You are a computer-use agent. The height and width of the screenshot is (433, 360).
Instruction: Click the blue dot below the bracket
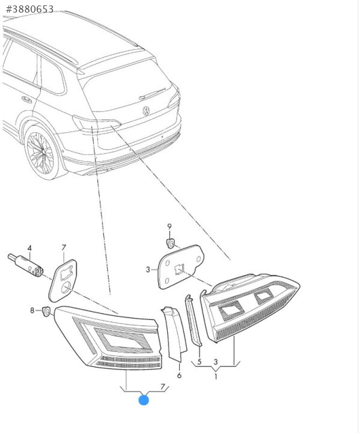coord(144,400)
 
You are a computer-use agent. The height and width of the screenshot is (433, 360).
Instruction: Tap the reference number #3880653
coord(30,9)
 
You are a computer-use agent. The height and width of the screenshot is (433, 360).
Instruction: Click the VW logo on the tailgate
coord(146,111)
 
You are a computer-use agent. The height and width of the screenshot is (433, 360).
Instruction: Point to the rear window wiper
coord(153,94)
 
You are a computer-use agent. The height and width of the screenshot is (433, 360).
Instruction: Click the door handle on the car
coord(27,99)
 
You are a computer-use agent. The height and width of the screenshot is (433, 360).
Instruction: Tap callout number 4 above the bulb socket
coord(29,248)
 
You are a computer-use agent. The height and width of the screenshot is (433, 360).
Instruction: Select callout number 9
coord(169,227)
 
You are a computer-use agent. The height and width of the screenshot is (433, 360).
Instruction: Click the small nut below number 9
coord(171,244)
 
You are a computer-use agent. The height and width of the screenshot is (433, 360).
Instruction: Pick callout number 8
coord(32,310)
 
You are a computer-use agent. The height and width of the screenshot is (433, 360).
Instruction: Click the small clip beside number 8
coord(46,312)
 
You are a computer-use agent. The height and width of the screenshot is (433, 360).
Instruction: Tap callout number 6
coord(179,375)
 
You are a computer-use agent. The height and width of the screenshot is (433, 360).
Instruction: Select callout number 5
coord(200,361)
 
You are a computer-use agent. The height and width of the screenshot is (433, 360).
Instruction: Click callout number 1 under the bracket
coord(216,376)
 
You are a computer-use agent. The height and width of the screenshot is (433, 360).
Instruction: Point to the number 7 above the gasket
coord(64,248)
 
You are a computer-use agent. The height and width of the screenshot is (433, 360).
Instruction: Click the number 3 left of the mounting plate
coord(148,269)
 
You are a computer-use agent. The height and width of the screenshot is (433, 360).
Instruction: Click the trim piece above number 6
coord(174,334)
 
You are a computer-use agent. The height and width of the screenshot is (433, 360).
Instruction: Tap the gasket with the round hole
coord(63,281)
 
